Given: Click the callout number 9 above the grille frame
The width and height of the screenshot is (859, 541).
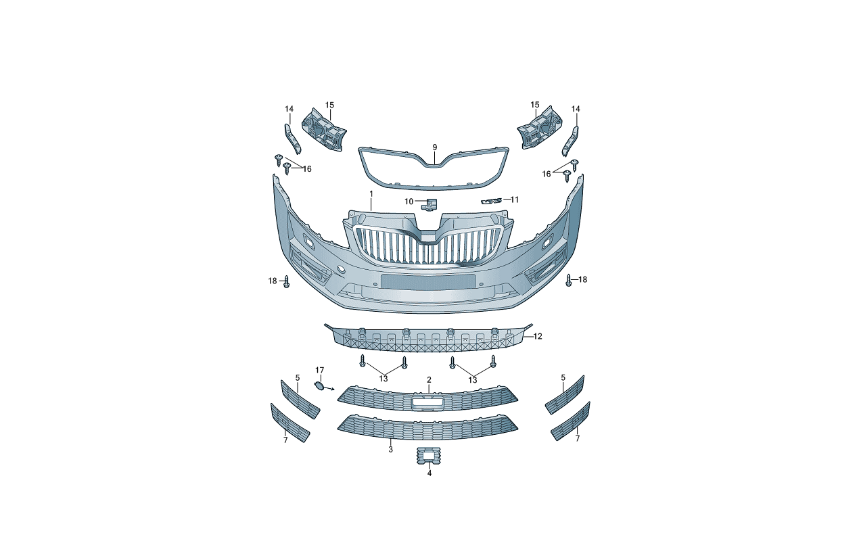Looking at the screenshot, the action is coord(434,147).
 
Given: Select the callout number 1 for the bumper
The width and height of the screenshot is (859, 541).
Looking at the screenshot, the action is coord(371,194).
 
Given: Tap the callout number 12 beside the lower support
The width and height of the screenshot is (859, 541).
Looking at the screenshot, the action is coord(538,336).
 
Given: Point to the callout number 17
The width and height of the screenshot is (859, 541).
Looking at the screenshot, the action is coord(319,370).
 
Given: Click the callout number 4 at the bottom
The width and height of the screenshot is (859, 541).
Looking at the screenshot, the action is coord(429,473).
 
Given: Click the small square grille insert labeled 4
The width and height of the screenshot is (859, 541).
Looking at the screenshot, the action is coord(429,456).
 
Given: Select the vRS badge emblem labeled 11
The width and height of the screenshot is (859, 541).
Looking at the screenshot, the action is coord(491,202).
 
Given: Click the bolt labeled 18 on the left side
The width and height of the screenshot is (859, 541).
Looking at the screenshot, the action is coord(287,282).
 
